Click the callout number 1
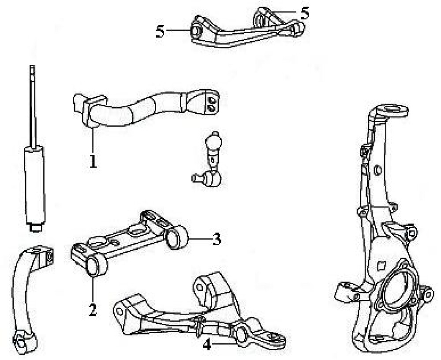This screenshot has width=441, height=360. pos(93,162)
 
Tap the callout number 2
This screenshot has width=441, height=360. pos(93,309)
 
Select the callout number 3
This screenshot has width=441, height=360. pos(216,240)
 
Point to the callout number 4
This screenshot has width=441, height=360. pos(207,344)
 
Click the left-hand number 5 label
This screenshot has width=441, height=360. pos(161,31)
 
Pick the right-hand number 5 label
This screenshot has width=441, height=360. pos(304,13)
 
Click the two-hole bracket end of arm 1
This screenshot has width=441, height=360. pos(209,101)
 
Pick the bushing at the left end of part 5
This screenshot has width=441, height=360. pos(196,31)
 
